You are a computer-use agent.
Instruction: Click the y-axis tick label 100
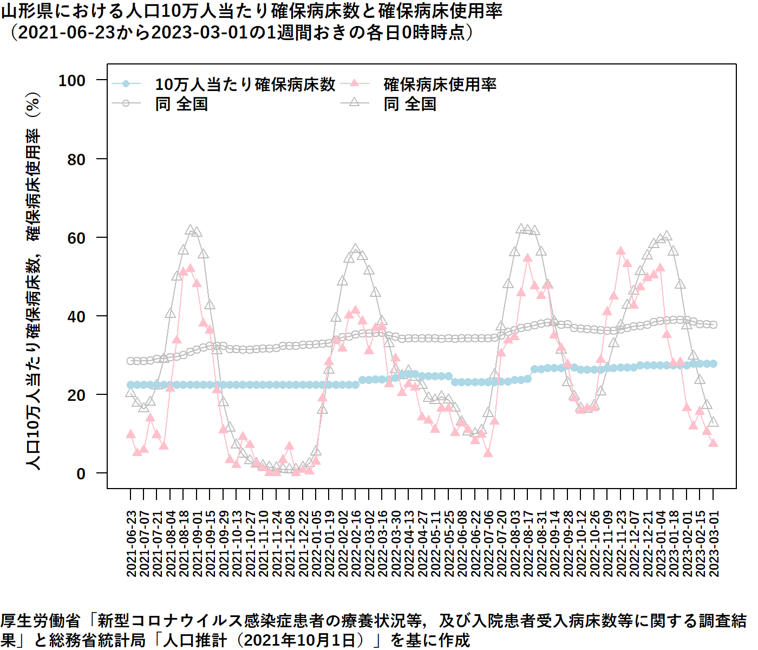72,81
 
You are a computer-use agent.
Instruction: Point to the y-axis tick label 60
76,238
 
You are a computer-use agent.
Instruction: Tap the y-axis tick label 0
81,474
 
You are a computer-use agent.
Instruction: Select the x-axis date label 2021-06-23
131,543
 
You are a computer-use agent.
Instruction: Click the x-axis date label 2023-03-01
714,543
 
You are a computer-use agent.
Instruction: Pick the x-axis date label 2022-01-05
316,543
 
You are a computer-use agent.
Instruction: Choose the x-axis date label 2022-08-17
528,543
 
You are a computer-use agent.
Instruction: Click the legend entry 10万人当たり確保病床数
245,84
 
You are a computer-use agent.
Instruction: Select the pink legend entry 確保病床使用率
440,84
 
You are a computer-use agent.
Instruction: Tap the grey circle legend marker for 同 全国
126,103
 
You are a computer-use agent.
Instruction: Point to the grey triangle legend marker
355,102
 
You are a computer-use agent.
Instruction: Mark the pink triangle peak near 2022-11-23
620,251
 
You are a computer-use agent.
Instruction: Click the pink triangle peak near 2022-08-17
528,258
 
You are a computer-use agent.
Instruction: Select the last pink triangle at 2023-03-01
714,443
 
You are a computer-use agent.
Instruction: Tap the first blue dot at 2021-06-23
130,385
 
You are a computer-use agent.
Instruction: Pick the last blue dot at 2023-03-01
714,364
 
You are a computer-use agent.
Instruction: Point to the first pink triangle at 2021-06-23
130,434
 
